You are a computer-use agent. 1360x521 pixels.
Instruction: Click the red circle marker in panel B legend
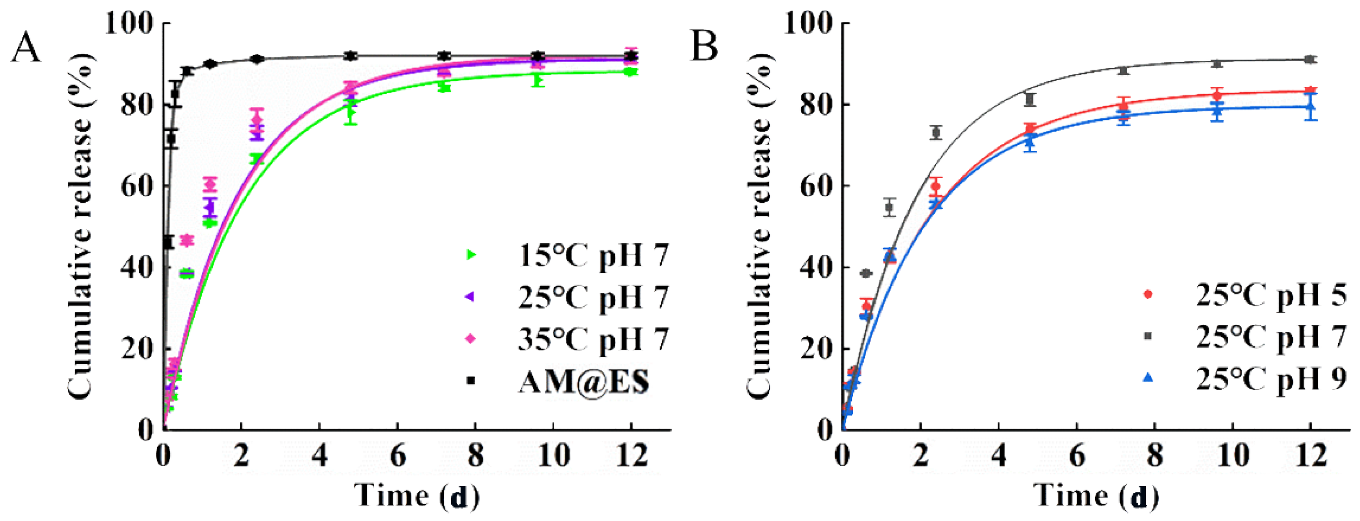(1147, 294)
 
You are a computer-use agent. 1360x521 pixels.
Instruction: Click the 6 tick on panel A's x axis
(398, 455)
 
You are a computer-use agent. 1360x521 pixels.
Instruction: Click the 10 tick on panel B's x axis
(1233, 455)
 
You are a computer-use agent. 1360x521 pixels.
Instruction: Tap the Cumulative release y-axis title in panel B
(759, 227)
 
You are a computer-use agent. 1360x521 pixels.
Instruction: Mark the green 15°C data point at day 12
(630, 72)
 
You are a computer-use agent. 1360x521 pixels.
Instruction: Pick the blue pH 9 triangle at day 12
(1310, 106)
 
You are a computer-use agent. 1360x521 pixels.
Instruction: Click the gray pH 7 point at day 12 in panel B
(1310, 60)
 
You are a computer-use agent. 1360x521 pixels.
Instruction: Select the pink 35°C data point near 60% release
(210, 184)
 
